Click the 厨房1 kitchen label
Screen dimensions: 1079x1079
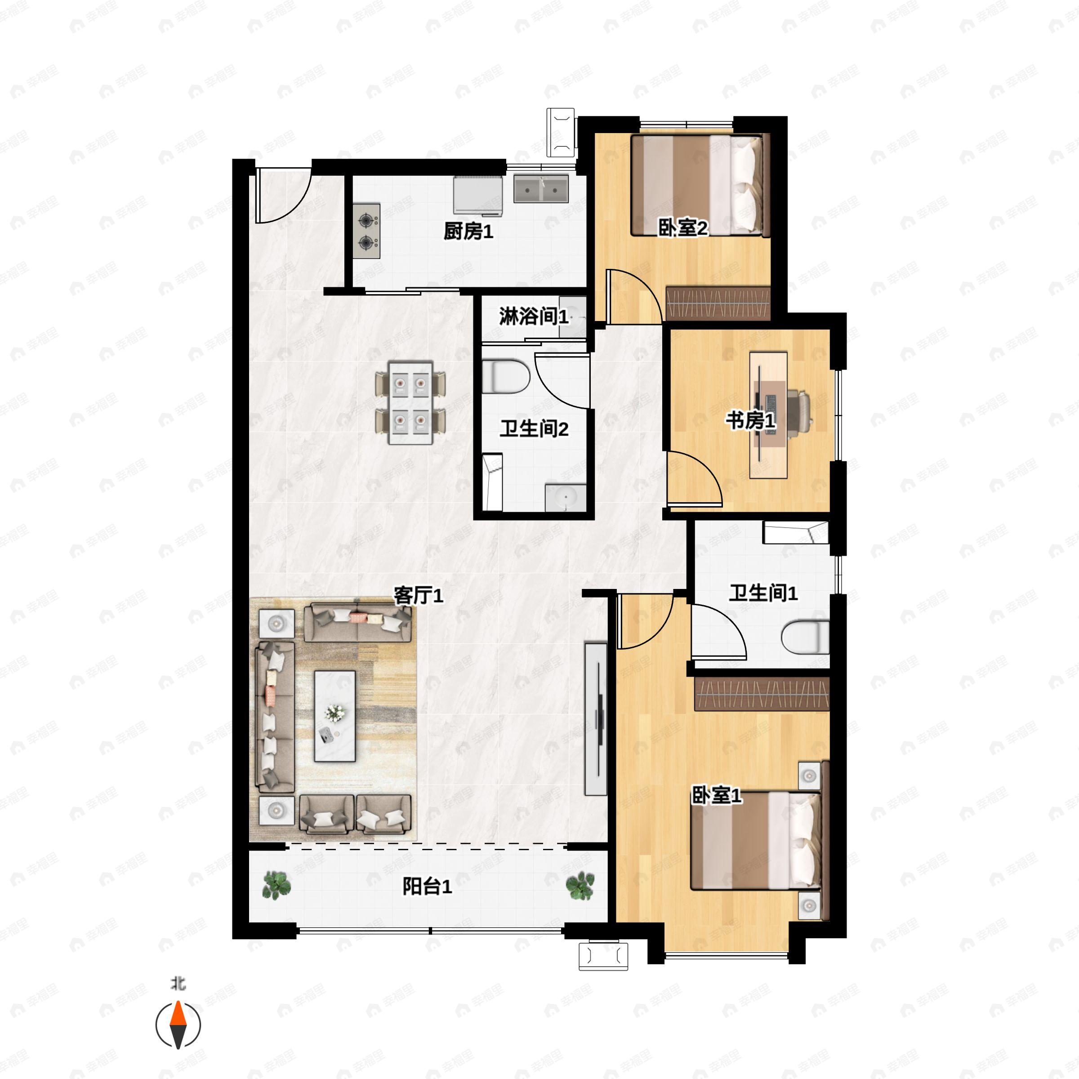[468, 231]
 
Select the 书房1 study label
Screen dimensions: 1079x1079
[751, 420]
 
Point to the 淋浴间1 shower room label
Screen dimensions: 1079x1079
[533, 317]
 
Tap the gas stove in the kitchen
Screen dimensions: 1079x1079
[366, 231]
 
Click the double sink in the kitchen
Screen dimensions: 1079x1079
[540, 189]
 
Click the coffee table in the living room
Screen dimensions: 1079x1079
[334, 716]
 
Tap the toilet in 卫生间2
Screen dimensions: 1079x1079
[505, 376]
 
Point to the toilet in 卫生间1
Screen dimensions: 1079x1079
[805, 637]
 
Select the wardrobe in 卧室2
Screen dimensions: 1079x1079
[718, 303]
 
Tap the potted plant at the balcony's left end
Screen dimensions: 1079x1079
[276, 886]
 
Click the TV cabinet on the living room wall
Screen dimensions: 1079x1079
[595, 719]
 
